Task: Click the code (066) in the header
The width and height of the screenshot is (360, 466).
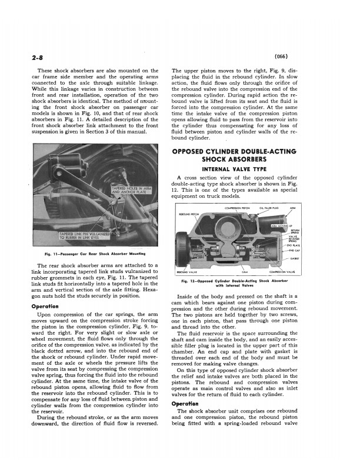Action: click(286, 56)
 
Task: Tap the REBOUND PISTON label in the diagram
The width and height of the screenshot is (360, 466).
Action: click(189, 214)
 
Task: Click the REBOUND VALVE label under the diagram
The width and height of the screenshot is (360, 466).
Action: click(186, 272)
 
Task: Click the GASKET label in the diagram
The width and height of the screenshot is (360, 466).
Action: click(294, 258)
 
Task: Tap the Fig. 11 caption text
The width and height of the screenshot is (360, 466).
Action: click(95, 254)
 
